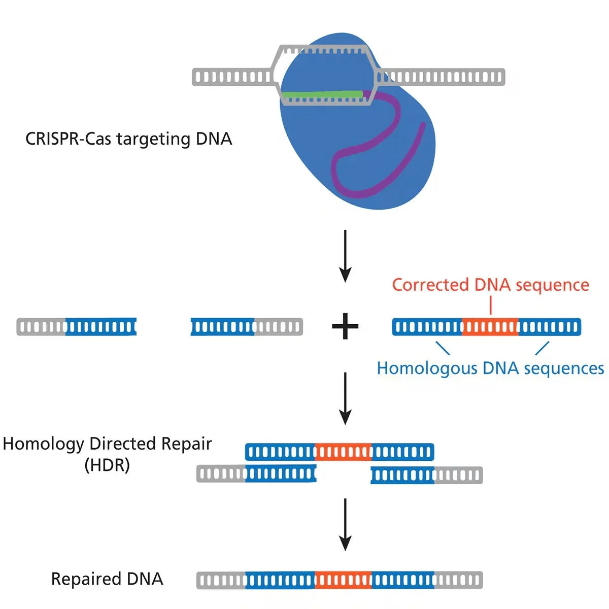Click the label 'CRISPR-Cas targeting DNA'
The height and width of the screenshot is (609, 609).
(128, 139)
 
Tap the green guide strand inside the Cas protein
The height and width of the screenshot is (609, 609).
(322, 94)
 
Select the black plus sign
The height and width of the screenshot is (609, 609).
(345, 326)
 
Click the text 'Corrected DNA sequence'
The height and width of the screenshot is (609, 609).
(490, 285)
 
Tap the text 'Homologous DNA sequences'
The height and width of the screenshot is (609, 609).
(490, 368)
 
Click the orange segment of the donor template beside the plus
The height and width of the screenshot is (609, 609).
(490, 327)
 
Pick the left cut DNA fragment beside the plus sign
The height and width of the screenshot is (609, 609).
(77, 327)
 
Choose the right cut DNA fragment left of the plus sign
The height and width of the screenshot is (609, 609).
(247, 327)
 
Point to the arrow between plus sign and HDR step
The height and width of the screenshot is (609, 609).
(345, 398)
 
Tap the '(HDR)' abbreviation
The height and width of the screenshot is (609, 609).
(107, 465)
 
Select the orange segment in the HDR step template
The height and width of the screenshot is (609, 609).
(343, 452)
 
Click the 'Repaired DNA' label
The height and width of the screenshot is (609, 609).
(107, 579)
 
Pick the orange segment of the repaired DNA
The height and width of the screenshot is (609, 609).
(343, 580)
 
